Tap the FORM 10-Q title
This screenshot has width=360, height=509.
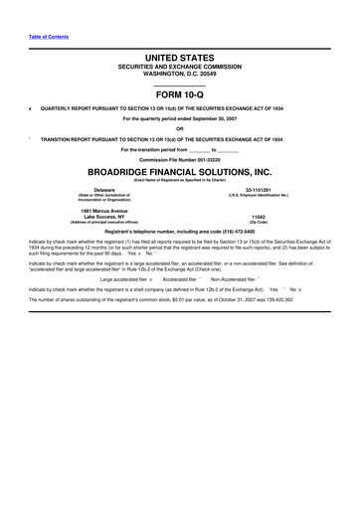(179, 94)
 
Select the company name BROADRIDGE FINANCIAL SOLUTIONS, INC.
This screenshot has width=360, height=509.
(179, 170)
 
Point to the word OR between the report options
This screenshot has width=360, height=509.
(179, 127)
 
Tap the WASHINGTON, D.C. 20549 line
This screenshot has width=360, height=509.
(179, 78)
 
